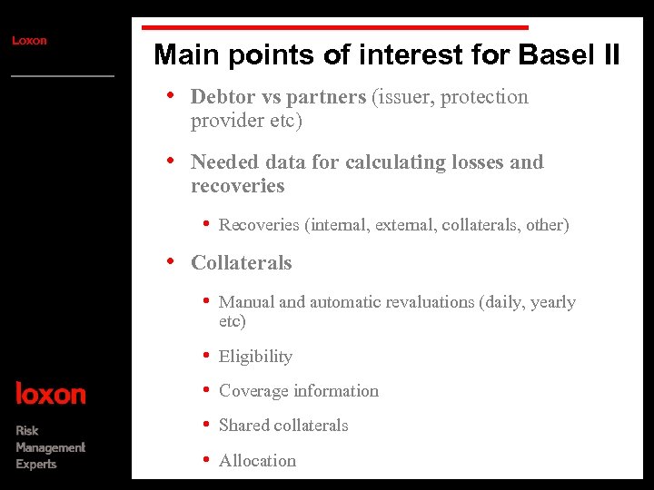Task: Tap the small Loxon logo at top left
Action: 29,40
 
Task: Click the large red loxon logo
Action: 51,394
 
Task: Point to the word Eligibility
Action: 255,357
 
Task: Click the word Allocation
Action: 257,461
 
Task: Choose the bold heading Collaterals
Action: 242,263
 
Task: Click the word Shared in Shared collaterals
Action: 244,426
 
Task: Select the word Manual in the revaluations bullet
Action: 246,302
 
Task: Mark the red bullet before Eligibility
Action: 207,355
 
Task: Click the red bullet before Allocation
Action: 207,459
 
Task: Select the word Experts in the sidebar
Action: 35,465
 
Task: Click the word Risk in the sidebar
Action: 27,430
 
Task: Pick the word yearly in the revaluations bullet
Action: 552,302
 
